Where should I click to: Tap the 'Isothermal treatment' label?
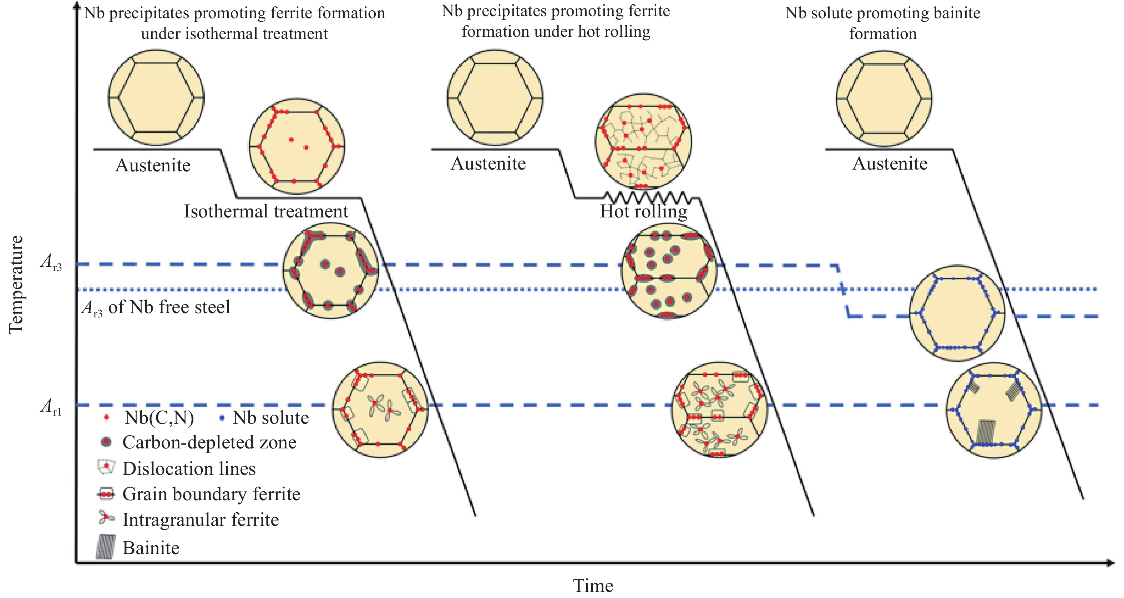(x=266, y=212)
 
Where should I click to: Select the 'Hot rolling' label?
(x=643, y=212)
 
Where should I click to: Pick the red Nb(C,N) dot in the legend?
(x=106, y=418)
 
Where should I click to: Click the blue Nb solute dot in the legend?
(x=222, y=418)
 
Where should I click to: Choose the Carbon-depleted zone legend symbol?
(x=106, y=442)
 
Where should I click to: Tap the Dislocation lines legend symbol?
(x=106, y=467)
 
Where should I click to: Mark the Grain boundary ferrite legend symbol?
(x=106, y=494)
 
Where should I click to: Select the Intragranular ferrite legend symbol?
(x=106, y=518)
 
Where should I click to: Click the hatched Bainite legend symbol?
(x=106, y=547)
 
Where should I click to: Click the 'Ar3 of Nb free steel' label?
(x=156, y=307)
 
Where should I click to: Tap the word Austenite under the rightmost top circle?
(x=890, y=164)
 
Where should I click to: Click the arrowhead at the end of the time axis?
(x=1110, y=563)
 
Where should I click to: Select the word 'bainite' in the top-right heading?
(x=956, y=13)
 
